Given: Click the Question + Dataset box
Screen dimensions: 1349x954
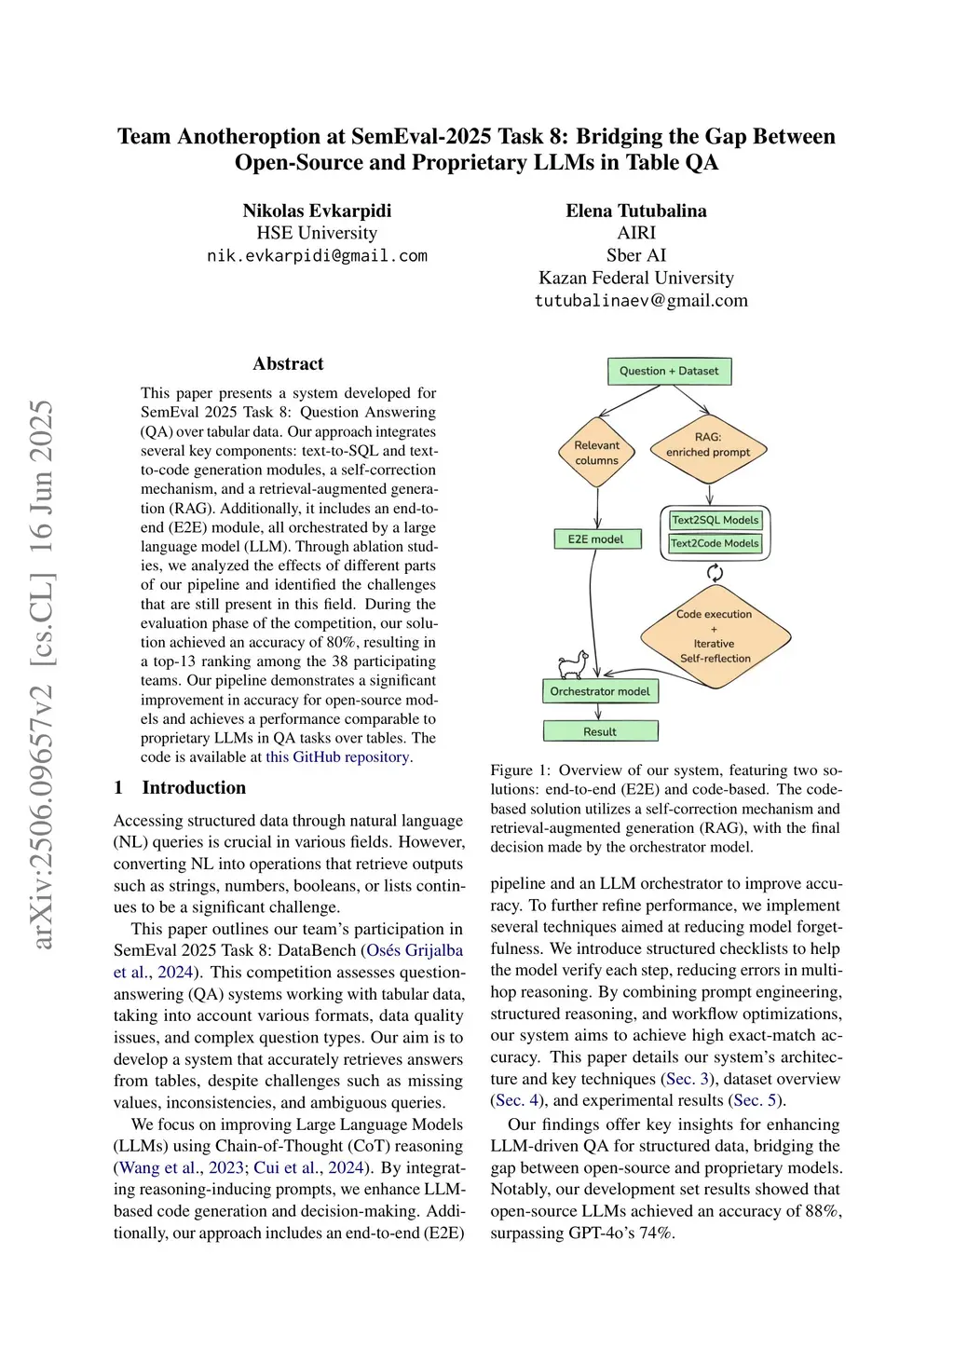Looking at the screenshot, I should tap(669, 371).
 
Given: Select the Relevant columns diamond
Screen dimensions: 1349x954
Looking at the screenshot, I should tap(596, 453).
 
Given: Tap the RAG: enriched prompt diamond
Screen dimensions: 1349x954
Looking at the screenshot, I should tap(708, 444).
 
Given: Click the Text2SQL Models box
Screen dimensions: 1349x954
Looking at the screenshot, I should tap(715, 520).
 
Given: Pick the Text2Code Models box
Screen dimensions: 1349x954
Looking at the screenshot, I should tap(715, 543).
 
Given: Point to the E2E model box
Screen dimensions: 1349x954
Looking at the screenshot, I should tap(596, 538).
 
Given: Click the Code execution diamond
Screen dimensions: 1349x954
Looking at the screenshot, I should tap(715, 636).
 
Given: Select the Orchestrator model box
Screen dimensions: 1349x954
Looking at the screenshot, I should tap(600, 691).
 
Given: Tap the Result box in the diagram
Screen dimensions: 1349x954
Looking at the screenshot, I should tap(600, 731).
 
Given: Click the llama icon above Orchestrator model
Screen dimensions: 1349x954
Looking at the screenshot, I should tap(573, 664).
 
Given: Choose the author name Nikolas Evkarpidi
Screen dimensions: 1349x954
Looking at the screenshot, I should tap(317, 211).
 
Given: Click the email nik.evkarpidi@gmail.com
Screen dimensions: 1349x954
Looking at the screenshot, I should tap(317, 255).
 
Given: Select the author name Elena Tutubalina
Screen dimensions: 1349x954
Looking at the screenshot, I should tap(636, 211).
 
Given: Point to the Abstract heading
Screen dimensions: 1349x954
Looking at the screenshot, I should tap(288, 364).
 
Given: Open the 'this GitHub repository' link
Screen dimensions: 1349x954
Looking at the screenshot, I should tap(337, 756).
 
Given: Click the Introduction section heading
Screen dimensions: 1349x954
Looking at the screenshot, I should tap(194, 787).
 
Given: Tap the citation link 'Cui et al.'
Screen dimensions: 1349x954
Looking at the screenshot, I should tap(279, 1167).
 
